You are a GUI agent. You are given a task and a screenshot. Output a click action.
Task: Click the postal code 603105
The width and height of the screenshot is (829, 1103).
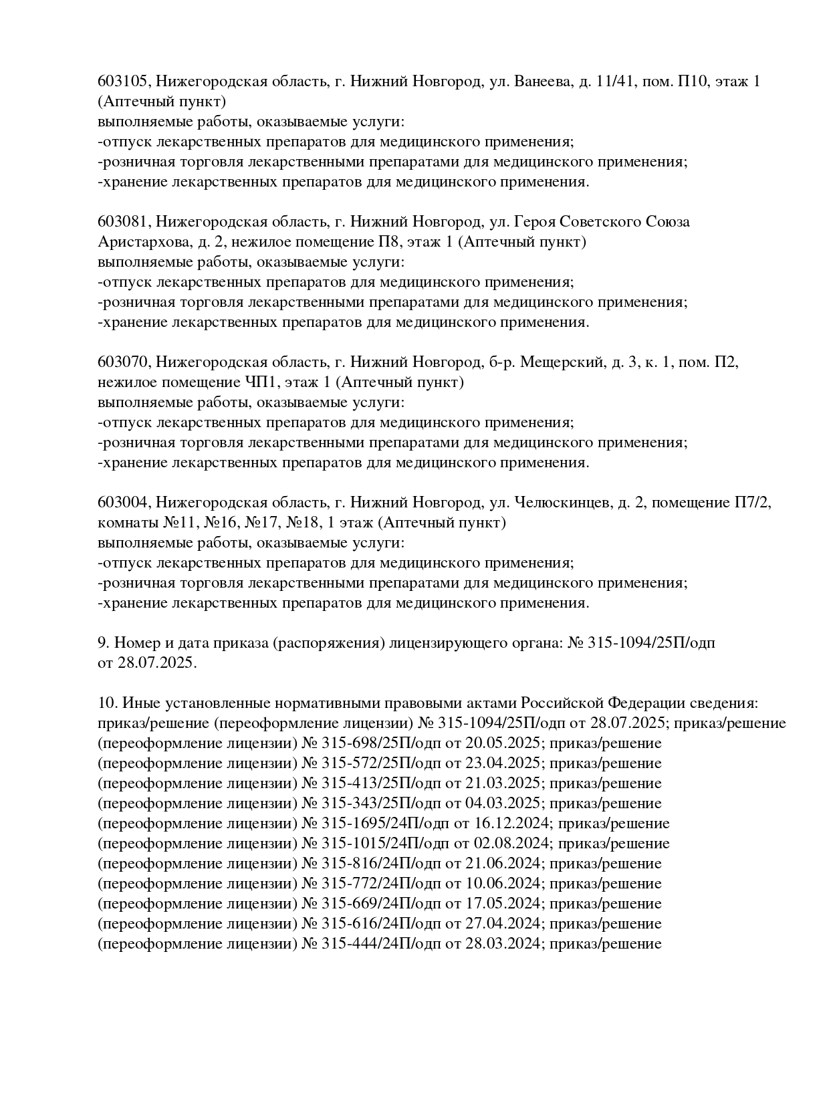[x=126, y=82]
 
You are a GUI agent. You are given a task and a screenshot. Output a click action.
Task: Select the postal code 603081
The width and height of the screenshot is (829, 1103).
[x=126, y=222]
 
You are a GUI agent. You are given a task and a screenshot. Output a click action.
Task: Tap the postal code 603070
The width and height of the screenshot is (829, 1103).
[x=126, y=362]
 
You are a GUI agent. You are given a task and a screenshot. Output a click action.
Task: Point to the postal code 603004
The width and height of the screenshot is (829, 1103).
[x=126, y=503]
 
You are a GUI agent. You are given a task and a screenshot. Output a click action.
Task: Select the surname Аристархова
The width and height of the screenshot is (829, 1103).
[x=146, y=242]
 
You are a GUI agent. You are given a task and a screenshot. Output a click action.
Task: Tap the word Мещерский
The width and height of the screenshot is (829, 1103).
[x=562, y=362]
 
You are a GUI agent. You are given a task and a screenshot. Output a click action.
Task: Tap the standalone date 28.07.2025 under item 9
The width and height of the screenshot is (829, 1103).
[x=156, y=663]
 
